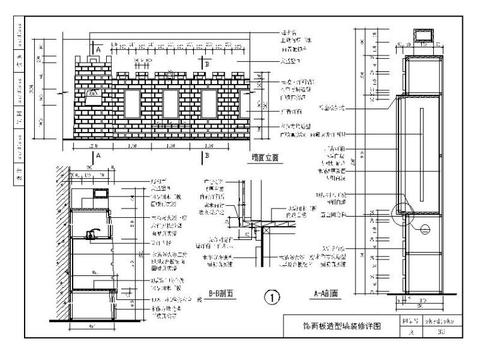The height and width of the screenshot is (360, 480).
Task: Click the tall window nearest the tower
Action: [132, 105]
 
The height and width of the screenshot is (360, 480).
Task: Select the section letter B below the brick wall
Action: [206, 157]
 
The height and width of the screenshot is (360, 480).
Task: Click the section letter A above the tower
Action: [98, 47]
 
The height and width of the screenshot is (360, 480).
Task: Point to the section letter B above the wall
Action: [206, 47]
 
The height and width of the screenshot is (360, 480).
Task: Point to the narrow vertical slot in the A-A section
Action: [419, 140]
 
